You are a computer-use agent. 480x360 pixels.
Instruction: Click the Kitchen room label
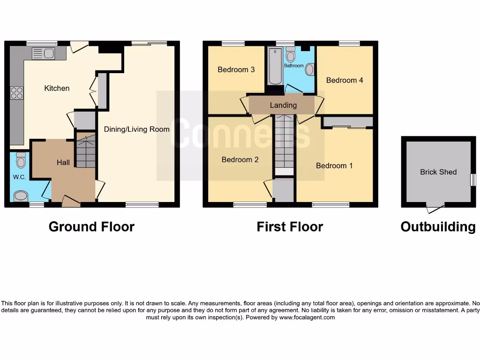pyautogui.click(x=57, y=88)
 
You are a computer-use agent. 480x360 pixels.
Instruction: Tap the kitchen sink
pyautogui.click(x=44, y=53)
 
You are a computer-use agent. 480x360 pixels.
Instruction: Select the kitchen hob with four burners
pyautogui.click(x=16, y=93)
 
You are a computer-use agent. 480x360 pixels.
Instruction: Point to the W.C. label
pyautogui.click(x=19, y=177)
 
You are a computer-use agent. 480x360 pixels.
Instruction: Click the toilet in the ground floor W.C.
pyautogui.click(x=21, y=161)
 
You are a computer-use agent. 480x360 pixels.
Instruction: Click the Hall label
pyautogui.click(x=63, y=162)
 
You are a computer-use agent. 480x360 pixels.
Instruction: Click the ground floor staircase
pyautogui.click(x=85, y=151)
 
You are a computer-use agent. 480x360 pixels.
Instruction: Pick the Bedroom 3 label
pyautogui.click(x=236, y=69)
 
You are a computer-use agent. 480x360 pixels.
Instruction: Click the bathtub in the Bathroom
pyautogui.click(x=274, y=66)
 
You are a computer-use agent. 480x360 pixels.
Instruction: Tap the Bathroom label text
pyautogui.click(x=294, y=66)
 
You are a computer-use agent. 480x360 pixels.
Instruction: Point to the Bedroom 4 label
pyautogui.click(x=345, y=80)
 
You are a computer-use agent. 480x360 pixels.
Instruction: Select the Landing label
pyautogui.click(x=283, y=105)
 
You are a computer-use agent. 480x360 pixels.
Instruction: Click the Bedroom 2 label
pyautogui.click(x=240, y=159)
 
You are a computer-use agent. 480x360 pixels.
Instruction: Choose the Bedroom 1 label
pyautogui.click(x=334, y=165)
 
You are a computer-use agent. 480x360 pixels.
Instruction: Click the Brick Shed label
pyautogui.click(x=438, y=172)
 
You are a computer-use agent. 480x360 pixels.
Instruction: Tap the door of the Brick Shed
pyautogui.click(x=435, y=205)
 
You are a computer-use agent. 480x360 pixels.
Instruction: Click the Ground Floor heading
pyautogui.click(x=91, y=227)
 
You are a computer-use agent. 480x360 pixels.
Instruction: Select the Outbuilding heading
pyautogui.click(x=438, y=227)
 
